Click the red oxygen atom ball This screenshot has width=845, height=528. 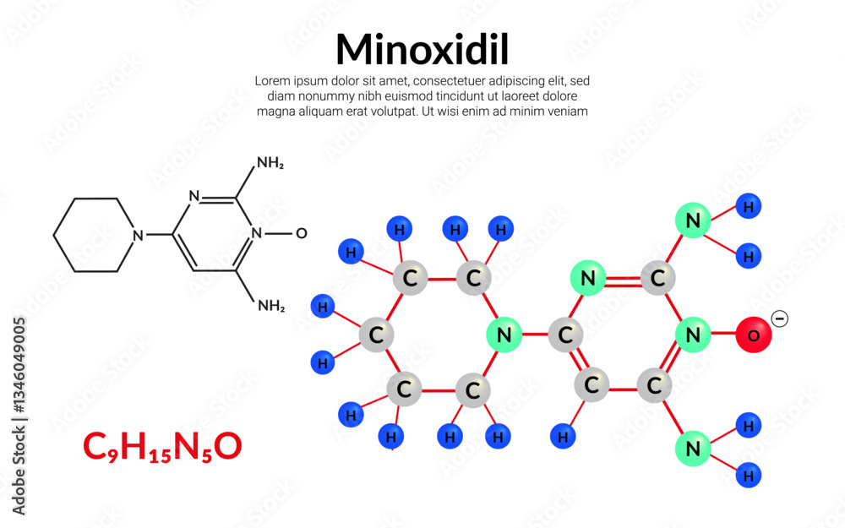point(753,335)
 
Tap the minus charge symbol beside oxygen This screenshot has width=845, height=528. point(779,318)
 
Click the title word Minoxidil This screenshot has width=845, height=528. point(422,50)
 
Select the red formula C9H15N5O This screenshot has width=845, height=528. point(162,447)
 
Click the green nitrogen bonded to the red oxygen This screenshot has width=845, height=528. point(693,335)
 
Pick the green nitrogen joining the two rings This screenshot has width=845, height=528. point(504,335)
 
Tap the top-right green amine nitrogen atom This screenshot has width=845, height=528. point(693,220)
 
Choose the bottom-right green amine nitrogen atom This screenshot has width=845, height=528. point(693,449)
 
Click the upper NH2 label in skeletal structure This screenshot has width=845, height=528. point(270,163)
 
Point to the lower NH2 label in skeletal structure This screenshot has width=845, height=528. point(271,306)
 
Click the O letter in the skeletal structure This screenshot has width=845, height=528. point(302,233)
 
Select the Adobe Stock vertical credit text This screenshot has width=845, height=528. point(19,416)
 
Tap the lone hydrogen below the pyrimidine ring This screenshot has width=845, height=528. point(563,437)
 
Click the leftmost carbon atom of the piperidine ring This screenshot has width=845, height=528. point(376,335)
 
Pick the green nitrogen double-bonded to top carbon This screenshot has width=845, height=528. point(587,278)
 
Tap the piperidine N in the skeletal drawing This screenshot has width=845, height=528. point(139,235)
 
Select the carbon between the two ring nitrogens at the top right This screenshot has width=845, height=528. point(657,278)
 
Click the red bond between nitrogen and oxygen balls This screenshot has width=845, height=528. point(723,334)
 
